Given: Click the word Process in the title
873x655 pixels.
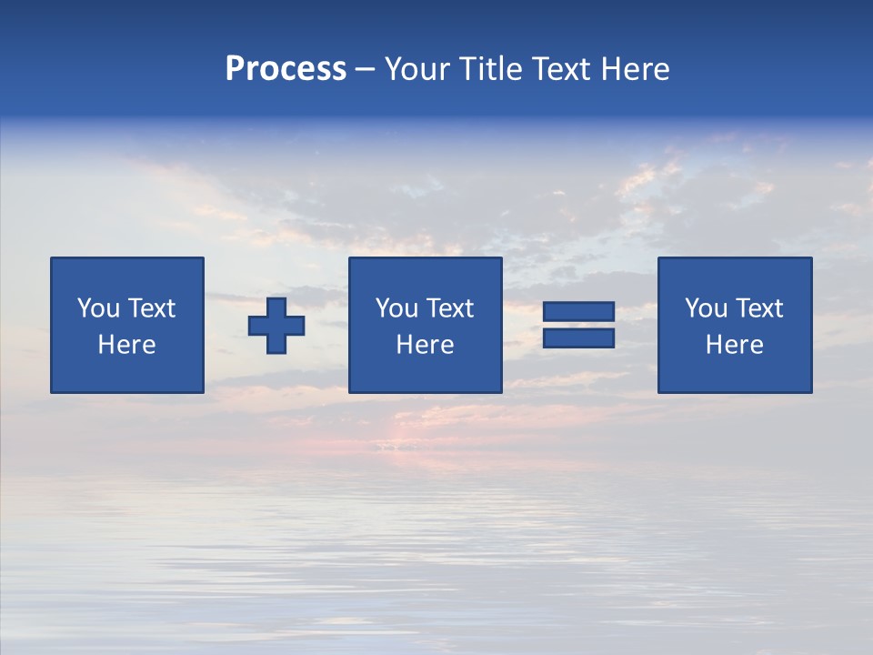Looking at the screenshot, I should tap(286, 69).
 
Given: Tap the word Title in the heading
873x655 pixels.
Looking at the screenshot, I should tap(491, 69).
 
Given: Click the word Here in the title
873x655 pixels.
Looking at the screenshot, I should tap(635, 69).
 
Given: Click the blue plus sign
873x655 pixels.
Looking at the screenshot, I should tap(276, 326).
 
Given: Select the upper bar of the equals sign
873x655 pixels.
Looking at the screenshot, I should tap(578, 312).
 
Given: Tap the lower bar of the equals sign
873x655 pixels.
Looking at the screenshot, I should tap(578, 338).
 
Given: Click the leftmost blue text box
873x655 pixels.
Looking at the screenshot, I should tap(127, 325).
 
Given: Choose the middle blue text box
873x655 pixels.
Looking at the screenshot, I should tap(425, 325).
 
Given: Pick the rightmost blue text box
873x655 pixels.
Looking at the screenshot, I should tap(734, 325).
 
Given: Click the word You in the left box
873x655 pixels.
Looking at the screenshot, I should tap(98, 308).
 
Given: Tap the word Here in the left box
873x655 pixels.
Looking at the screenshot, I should tap(127, 345).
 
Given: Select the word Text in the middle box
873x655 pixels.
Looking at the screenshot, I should tap(450, 308).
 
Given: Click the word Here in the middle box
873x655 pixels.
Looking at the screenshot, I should tap(425, 345).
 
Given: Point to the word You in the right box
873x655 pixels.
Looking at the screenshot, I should tap(706, 308).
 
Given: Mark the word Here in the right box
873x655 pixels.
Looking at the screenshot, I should tap(734, 345).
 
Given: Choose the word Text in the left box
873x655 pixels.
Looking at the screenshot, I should tap(152, 308).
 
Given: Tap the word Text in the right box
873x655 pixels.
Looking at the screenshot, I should tap(759, 308).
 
